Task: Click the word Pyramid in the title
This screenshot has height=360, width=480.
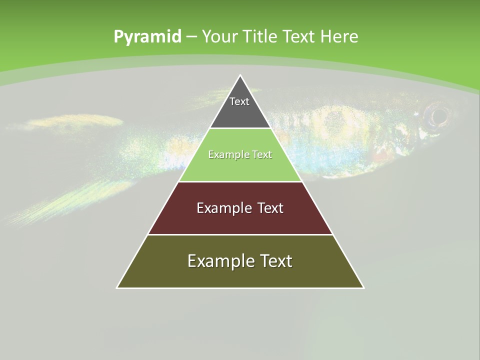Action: (147, 36)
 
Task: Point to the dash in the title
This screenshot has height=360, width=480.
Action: (191, 37)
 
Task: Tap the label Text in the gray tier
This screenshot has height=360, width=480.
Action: (239, 101)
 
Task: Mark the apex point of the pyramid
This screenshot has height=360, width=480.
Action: (240, 75)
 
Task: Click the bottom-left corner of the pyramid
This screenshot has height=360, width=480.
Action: (117, 287)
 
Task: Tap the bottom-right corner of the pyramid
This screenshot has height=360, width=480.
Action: (363, 287)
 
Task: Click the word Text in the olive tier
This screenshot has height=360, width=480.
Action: (274, 261)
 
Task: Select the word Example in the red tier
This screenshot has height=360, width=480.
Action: (223, 208)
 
